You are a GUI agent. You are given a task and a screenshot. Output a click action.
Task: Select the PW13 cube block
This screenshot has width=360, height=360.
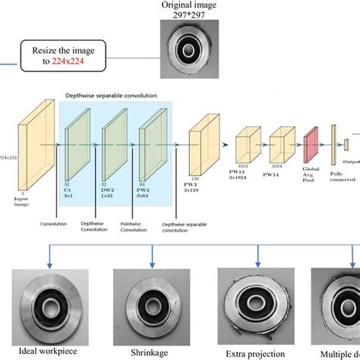click(x=247, y=145)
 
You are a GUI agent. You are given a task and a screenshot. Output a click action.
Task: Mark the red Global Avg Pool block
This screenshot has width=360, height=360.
click(x=311, y=145)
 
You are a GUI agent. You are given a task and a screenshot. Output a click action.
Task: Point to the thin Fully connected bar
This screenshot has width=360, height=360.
click(x=333, y=144)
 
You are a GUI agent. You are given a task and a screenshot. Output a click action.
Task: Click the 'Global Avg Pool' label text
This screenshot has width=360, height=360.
click(x=311, y=179)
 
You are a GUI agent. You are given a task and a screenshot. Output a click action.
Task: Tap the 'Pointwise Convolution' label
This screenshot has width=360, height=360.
click(x=135, y=229)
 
